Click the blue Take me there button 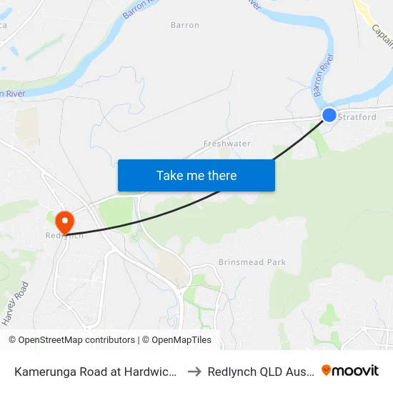196,175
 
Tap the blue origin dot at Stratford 329,114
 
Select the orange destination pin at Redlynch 64,222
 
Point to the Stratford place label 357,117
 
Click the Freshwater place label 227,144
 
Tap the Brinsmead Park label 252,262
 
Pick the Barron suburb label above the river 184,25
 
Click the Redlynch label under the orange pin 64,236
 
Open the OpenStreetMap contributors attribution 71,340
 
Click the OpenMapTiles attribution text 179,340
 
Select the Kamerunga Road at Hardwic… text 96,371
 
